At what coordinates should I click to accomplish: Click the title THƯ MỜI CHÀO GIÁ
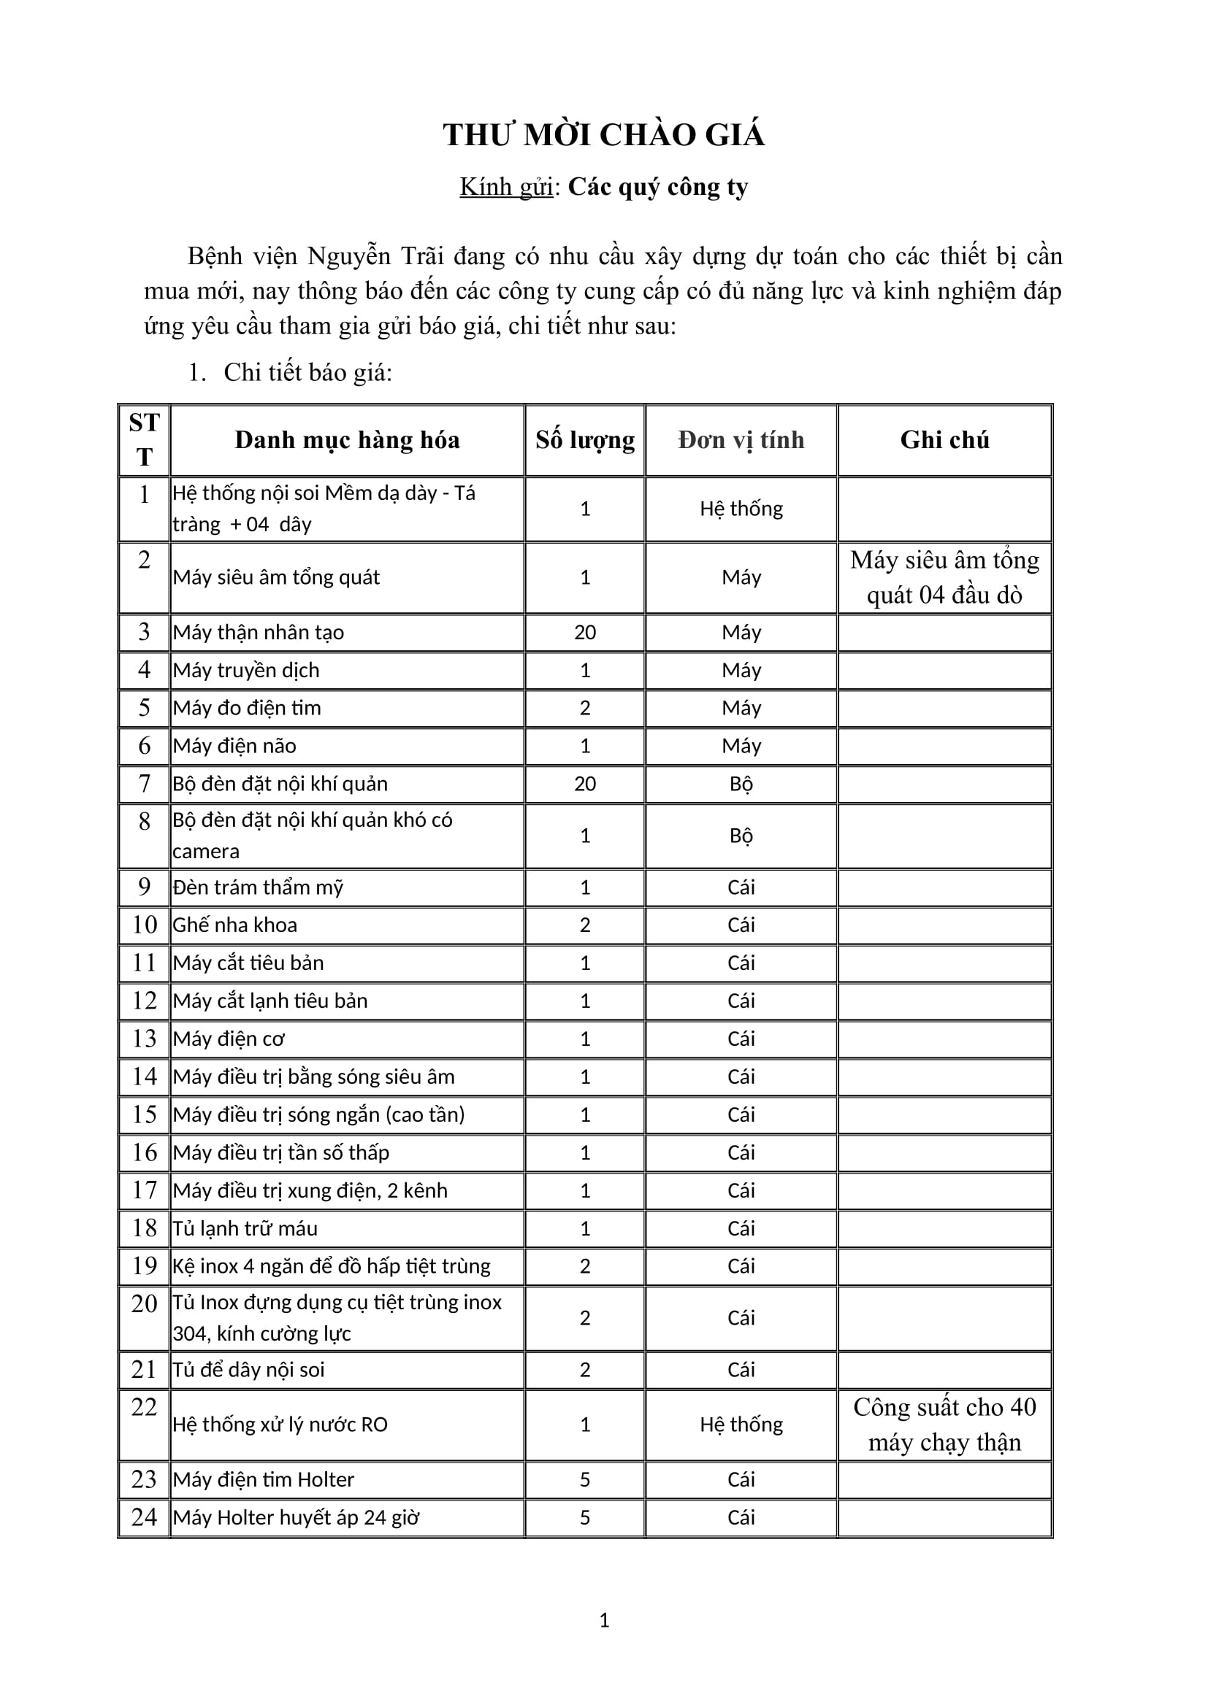pos(603,135)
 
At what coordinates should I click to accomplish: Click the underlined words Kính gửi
pos(506,187)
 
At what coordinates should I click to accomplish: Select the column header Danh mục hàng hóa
pos(347,440)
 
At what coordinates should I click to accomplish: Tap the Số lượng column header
pos(585,440)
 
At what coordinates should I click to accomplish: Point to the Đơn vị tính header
pos(741,440)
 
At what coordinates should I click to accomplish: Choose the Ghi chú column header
pos(944,440)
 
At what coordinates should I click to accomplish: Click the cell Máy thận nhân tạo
pos(258,633)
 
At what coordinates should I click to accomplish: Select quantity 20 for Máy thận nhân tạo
pos(585,633)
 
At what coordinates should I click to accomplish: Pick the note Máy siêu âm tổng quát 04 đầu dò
pos(944,577)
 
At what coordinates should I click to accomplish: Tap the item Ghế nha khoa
pos(235,925)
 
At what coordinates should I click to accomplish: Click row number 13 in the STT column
pos(145,1039)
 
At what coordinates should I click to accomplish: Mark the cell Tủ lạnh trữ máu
pos(245,1228)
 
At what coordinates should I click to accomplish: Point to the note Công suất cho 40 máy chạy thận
pos(944,1425)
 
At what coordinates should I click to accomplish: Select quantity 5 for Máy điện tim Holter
pos(585,1479)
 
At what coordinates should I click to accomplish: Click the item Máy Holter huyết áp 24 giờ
pos(296,1517)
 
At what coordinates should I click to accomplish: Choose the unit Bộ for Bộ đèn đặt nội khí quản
pos(741,784)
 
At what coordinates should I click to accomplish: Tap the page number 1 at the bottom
pos(604,1621)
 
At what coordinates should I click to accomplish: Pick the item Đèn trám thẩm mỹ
pos(258,887)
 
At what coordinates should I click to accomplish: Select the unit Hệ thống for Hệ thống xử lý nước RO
pos(741,1425)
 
